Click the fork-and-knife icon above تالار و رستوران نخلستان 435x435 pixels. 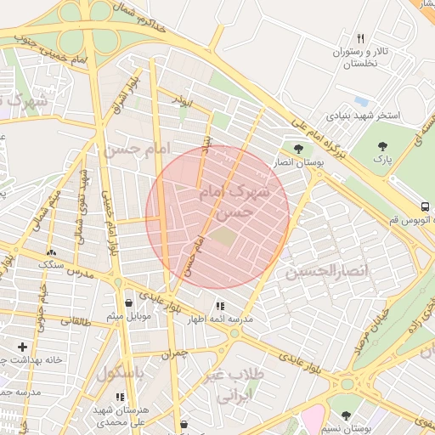tap(360, 39)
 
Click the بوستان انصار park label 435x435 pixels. tap(295, 161)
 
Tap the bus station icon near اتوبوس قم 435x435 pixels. tap(424, 206)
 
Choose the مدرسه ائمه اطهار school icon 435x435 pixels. tap(220, 306)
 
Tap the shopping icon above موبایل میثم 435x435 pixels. tap(128, 302)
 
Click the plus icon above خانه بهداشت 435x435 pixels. tap(22, 347)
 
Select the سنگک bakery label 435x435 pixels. tap(51, 265)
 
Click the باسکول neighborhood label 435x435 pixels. tap(120, 373)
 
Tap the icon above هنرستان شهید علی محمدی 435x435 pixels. tap(120, 397)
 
